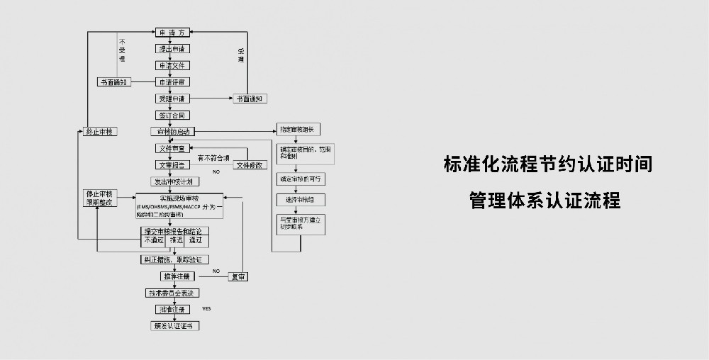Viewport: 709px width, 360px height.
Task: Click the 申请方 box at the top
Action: pos(173,33)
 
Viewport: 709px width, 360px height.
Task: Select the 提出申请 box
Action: pos(173,49)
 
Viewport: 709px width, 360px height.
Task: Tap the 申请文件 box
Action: pos(173,65)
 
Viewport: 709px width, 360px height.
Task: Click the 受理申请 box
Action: pos(173,99)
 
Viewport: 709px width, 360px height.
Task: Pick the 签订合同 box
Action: pos(173,115)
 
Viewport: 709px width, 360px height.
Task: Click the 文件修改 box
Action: pos(250,165)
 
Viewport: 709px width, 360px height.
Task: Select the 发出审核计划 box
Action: pos(173,181)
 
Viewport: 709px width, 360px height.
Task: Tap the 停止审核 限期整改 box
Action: pos(100,198)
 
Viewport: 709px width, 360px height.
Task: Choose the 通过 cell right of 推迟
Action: pos(195,240)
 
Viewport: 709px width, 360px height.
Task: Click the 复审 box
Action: pos(238,276)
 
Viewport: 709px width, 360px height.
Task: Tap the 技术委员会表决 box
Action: pos(173,293)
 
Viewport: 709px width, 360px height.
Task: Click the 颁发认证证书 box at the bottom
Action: pos(173,326)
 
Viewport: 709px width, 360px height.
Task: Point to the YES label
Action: pos(206,309)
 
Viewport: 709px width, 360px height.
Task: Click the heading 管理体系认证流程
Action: pos(545,201)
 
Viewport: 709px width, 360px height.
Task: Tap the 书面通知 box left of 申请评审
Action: pos(113,82)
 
